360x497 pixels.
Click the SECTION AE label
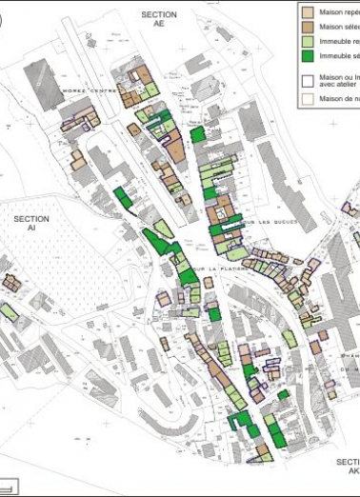click(159, 20)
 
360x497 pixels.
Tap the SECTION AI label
click(31, 223)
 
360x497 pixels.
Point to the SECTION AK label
click(349, 466)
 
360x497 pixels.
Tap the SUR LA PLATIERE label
click(214, 269)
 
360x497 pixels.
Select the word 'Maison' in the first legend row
click(332, 12)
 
